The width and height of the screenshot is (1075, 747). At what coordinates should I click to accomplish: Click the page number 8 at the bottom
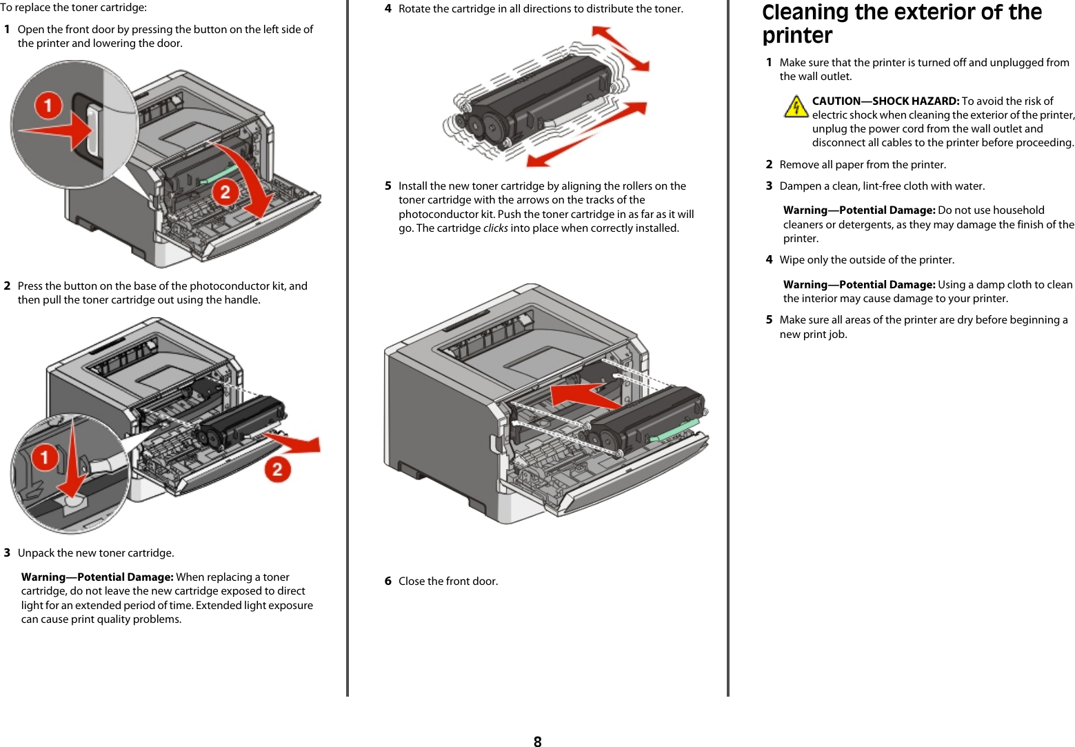[x=537, y=741]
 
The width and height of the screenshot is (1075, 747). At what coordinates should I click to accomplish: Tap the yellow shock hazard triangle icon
[x=796, y=107]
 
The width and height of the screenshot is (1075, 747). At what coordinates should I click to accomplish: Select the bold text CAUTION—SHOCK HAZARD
[x=885, y=101]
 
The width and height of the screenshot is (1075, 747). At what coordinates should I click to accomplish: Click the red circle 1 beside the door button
[x=48, y=106]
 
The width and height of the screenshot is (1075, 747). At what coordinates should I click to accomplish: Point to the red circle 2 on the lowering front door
[x=225, y=192]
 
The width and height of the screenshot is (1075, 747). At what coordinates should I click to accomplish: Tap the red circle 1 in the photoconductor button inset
[x=45, y=457]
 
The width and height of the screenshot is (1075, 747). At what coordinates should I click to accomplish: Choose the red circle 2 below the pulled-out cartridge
[x=277, y=470]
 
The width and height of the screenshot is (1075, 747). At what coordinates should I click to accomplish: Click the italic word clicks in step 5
[x=495, y=228]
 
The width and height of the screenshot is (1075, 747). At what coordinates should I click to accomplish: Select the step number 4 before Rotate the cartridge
[x=388, y=9]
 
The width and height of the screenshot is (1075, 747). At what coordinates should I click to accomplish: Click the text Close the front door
[x=448, y=581]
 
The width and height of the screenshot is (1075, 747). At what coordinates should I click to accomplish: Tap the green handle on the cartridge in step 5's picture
[x=674, y=428]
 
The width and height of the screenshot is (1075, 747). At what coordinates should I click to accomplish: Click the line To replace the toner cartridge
[x=73, y=8]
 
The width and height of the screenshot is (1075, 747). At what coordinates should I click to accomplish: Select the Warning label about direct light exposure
[x=97, y=577]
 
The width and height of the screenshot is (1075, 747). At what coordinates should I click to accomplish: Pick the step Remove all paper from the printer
[x=862, y=165]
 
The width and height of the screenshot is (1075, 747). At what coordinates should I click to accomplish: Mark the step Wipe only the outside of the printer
[x=866, y=260]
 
